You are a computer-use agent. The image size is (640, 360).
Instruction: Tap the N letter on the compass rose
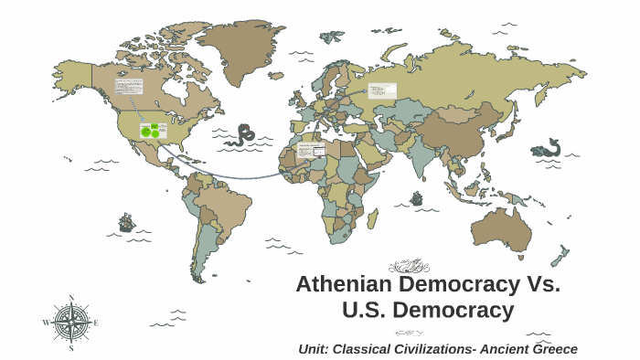[x=71, y=298]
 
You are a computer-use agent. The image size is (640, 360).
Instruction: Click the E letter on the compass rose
[x=96, y=323]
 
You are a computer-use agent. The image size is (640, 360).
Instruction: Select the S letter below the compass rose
[x=71, y=348]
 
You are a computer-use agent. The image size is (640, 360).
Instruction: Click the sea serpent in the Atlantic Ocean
[x=243, y=135]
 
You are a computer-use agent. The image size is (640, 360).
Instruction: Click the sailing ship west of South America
[x=125, y=222]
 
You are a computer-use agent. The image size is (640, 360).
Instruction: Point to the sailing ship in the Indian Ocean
[x=417, y=197]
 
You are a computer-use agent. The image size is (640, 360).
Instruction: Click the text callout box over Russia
[x=381, y=90]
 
